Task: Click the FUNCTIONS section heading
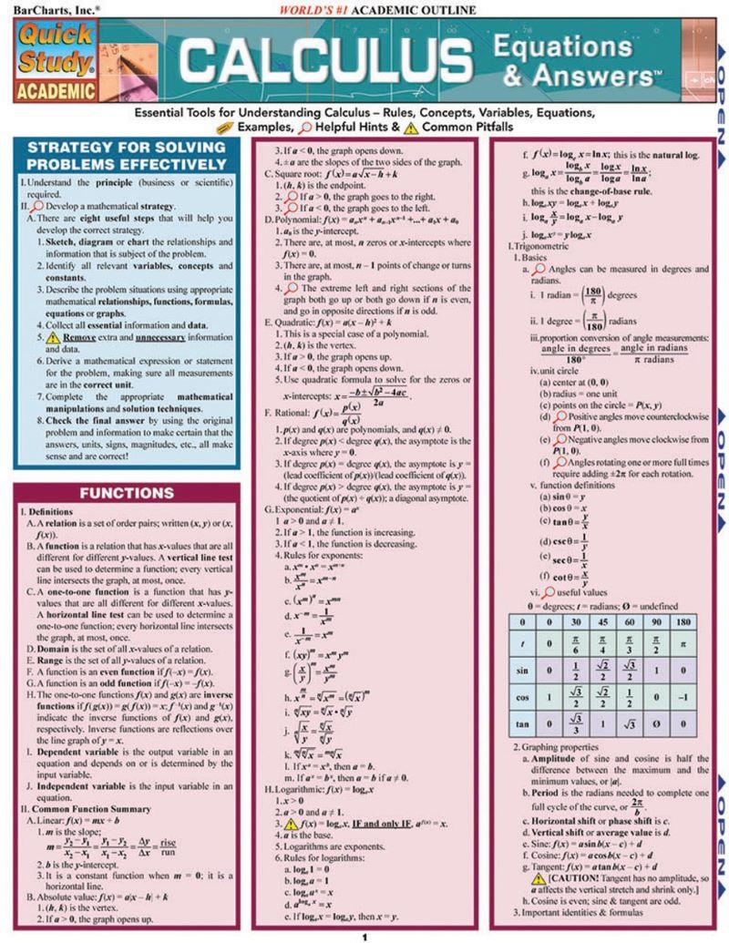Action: (127, 494)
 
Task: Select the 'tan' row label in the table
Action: (520, 750)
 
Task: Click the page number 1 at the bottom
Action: (364, 936)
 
